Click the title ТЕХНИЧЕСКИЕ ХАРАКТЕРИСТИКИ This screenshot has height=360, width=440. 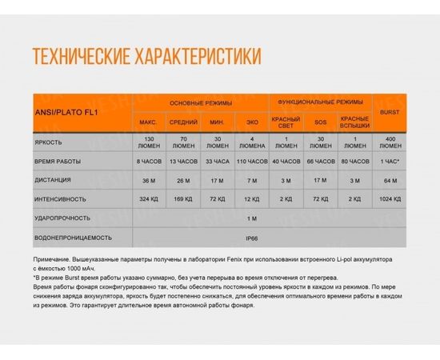[x=146, y=57]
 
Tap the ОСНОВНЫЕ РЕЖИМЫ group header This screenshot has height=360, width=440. [x=202, y=103]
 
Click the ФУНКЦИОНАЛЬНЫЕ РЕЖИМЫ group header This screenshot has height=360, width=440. [x=319, y=102]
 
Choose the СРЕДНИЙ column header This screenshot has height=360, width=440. [x=184, y=122]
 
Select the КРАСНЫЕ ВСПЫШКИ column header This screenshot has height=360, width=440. [x=353, y=122]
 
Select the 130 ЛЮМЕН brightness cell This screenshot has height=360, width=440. [x=148, y=142]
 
